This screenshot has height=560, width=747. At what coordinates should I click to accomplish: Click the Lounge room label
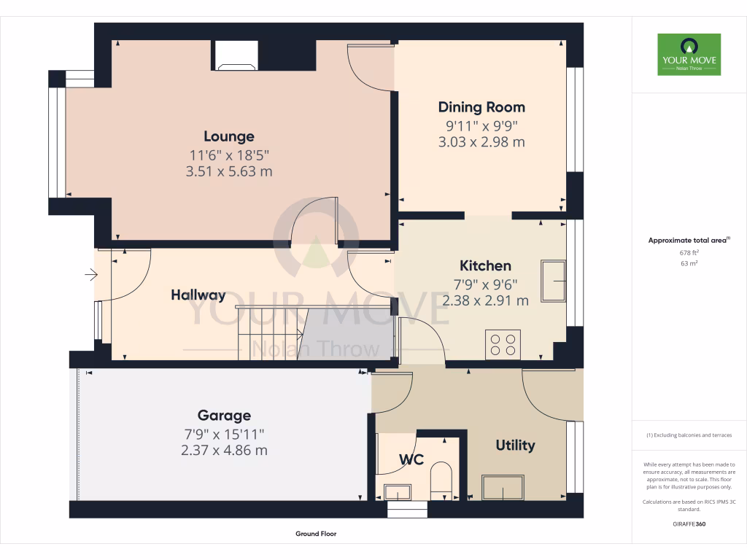click(229, 136)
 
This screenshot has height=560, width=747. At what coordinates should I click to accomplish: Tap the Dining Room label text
click(481, 107)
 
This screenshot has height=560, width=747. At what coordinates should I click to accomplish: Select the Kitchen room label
click(485, 266)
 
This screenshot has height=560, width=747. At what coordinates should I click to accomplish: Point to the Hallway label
click(198, 295)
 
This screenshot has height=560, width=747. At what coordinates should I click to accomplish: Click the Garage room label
click(224, 416)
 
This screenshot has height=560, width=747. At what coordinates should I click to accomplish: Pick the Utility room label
click(515, 446)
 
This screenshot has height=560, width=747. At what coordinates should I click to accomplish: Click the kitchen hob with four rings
click(503, 344)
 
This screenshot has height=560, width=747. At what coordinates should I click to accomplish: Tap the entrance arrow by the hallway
click(91, 275)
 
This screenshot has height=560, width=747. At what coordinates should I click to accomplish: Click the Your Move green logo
click(689, 55)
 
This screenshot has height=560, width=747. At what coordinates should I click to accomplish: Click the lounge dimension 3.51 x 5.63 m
click(229, 171)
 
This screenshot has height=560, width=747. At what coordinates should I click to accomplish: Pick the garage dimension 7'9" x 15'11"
click(224, 433)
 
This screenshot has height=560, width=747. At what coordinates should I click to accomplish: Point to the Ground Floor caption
click(316, 534)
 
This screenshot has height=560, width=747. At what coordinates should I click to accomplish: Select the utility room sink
click(503, 487)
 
